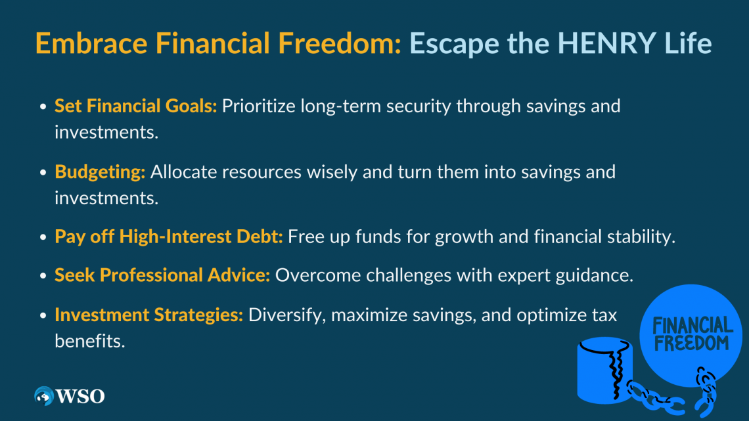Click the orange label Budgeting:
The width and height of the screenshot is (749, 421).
tap(100, 172)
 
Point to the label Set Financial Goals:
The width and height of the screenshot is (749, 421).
tap(135, 106)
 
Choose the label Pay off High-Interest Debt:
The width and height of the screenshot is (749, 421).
tap(169, 236)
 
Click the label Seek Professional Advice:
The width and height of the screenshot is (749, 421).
tap(162, 275)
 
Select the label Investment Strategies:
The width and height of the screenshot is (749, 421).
tap(149, 315)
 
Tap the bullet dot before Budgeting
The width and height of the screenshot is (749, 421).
tap(43, 173)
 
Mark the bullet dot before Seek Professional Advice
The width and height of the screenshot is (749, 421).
tap(43, 276)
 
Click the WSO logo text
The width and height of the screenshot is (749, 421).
tap(80, 396)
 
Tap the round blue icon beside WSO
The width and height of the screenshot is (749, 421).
tap(44, 396)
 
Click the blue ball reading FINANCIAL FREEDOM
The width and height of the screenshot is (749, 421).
tap(691, 335)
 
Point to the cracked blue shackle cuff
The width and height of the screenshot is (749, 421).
tap(604, 370)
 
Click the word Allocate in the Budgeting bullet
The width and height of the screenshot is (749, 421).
tap(183, 172)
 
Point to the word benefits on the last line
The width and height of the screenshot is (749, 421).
tap(90, 342)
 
